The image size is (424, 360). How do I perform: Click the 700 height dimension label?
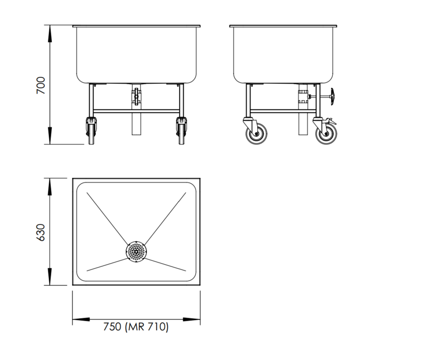41,85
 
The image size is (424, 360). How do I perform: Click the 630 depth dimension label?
41,232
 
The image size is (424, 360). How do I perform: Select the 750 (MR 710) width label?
136,327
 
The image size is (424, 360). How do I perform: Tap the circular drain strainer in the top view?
136,251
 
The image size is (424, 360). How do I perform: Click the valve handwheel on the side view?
332,96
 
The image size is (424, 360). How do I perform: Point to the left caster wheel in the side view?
257,133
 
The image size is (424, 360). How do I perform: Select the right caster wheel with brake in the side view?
326,133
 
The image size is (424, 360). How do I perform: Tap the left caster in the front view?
91,131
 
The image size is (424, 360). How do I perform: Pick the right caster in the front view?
181,131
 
